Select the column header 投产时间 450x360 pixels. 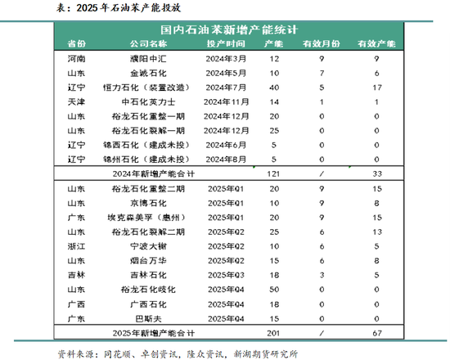[x=225, y=43]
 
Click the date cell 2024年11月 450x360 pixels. [x=226, y=101]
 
